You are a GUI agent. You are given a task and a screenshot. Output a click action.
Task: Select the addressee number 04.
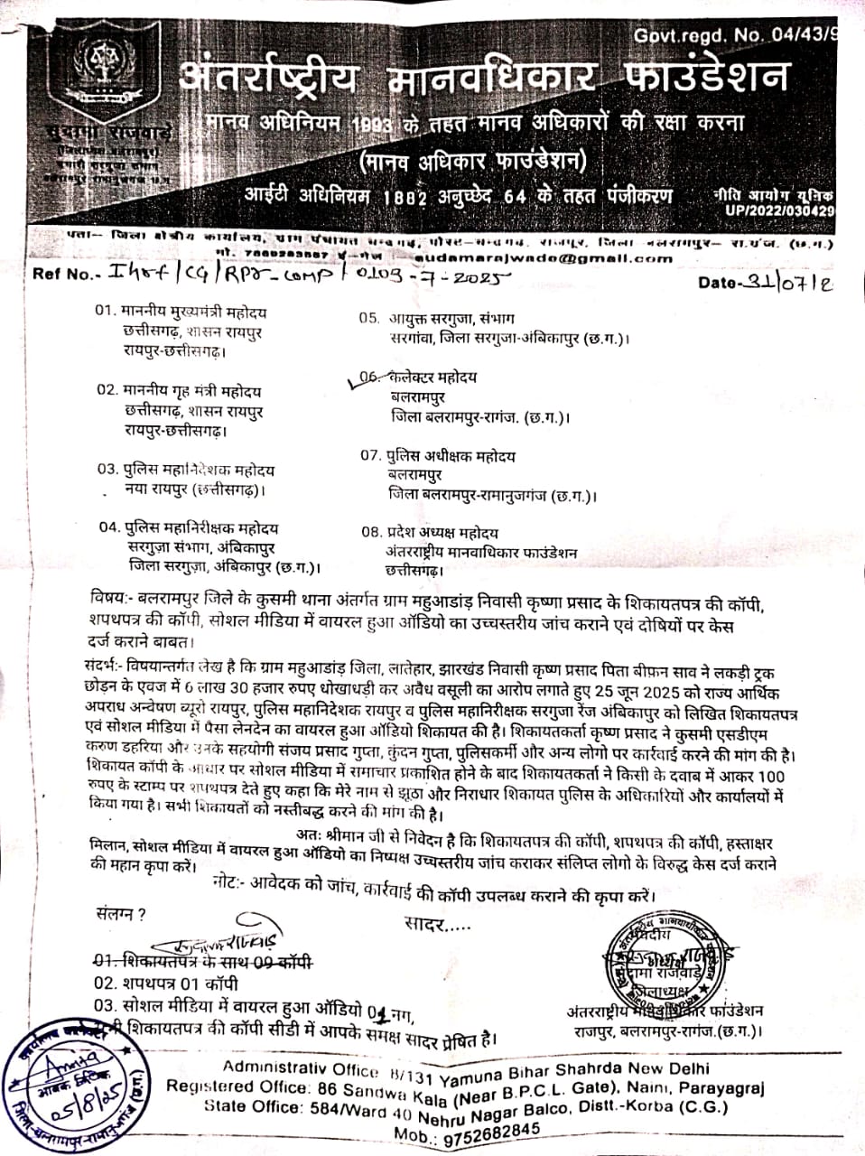tap(109, 527)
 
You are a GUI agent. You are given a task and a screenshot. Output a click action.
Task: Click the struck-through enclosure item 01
tap(203, 960)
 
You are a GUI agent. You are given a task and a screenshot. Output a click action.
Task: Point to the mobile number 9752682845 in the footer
tap(498, 1130)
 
